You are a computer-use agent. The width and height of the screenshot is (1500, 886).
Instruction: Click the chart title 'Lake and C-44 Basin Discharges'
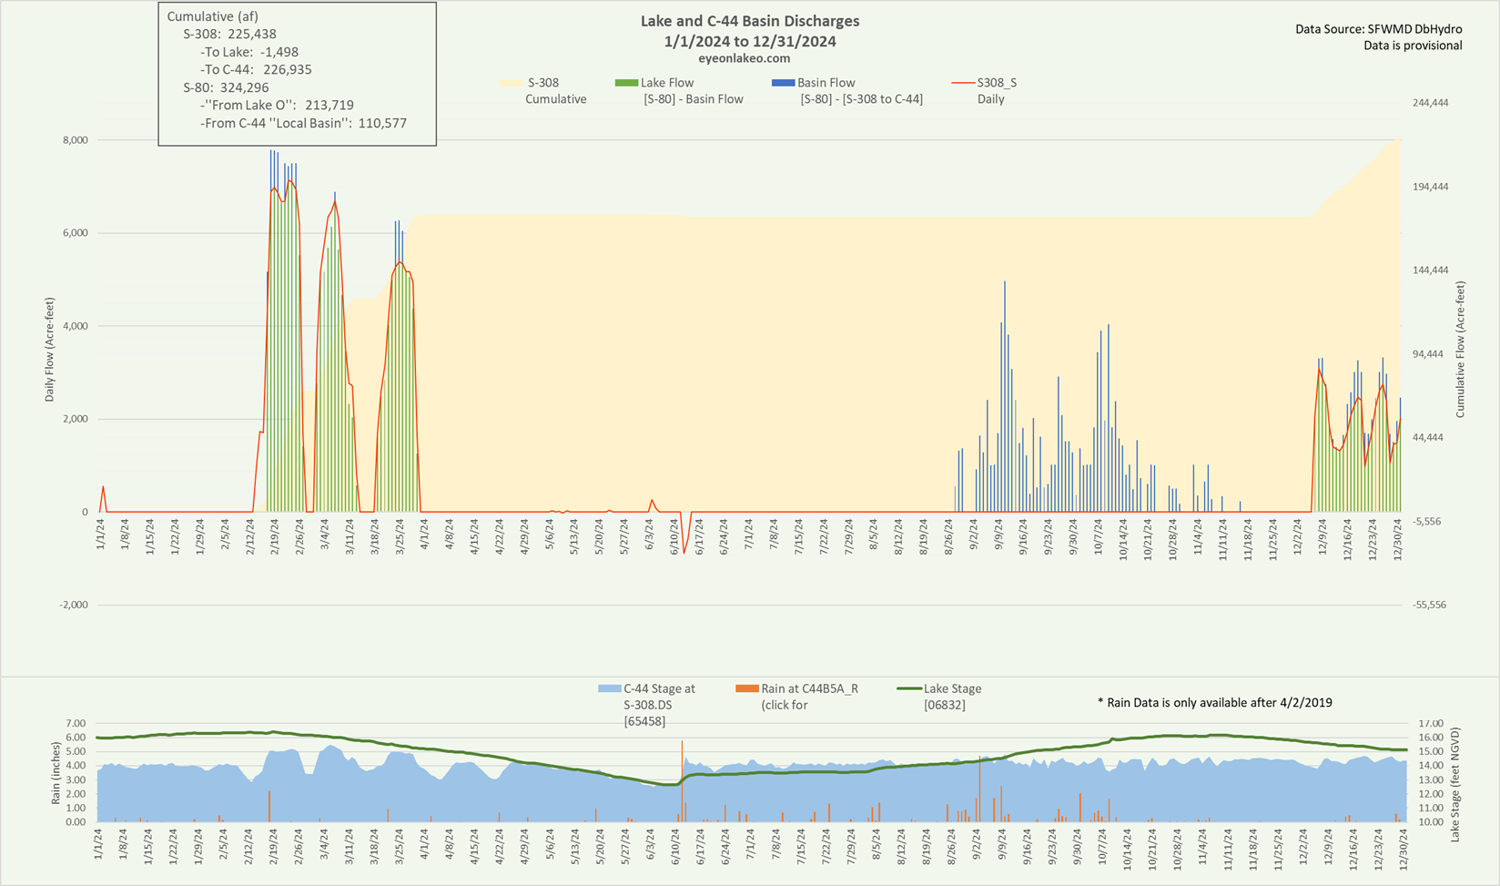749,21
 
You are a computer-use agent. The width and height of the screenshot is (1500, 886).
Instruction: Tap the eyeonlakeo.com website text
744,58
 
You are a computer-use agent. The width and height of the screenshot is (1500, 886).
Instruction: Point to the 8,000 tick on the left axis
75,140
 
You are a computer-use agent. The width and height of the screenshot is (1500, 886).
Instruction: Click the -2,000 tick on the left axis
73,605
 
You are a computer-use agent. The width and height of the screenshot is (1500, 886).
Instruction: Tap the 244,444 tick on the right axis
1430,103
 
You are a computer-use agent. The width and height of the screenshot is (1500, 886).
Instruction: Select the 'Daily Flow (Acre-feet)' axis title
50,350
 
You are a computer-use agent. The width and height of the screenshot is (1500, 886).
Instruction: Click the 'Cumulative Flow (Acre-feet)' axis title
1460,350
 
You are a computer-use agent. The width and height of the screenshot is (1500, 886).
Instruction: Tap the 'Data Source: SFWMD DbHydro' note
1378,29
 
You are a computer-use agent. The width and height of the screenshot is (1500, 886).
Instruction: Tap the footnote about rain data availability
1215,702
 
